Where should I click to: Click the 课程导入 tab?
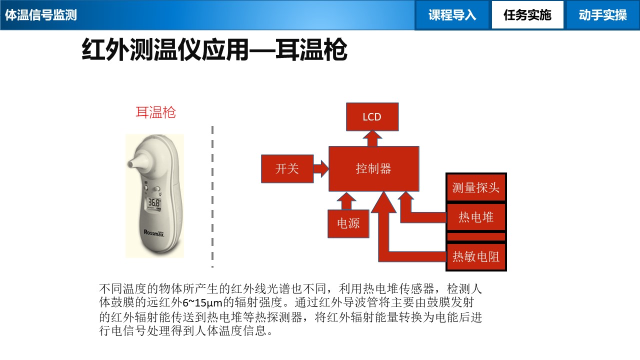[452, 15]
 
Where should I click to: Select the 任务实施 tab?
[527, 15]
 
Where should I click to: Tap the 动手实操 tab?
[602, 15]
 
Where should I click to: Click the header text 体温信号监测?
[41, 15]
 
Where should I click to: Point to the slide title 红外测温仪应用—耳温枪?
[214, 50]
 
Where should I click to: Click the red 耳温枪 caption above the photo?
[155, 112]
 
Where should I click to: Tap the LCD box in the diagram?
[372, 117]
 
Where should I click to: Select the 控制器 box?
[373, 169]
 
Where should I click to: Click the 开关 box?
[287, 169]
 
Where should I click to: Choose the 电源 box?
[348, 223]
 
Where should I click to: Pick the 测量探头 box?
[476, 188]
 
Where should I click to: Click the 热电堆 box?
[476, 217]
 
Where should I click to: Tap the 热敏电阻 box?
[476, 257]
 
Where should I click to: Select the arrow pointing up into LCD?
[372, 138]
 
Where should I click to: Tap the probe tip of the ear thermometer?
[132, 163]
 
